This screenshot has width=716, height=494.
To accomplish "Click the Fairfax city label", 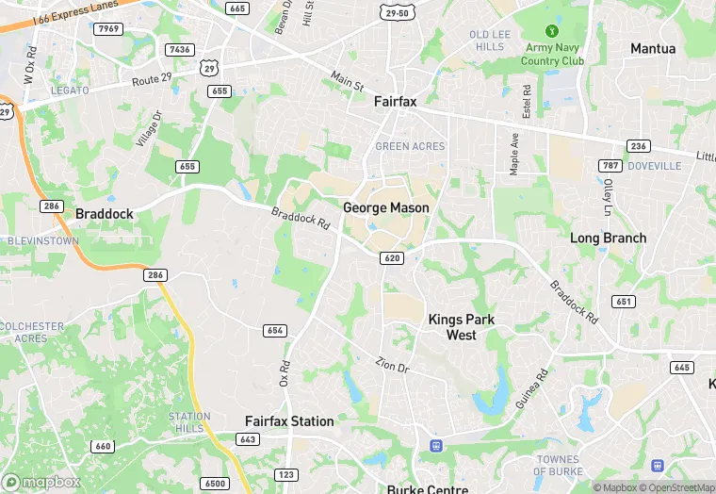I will coord(395,101).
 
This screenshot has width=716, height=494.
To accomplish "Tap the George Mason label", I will coord(385,207).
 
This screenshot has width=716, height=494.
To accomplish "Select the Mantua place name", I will coord(653,48).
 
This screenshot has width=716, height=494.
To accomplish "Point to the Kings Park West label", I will coord(461,327).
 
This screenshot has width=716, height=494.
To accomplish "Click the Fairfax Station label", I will coord(289,421).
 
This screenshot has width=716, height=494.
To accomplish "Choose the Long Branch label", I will coord(608,239).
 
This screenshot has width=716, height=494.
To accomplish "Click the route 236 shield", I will coord(638,146).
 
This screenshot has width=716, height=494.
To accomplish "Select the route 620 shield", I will coord(393,257).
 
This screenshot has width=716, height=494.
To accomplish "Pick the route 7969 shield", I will coord(109,29).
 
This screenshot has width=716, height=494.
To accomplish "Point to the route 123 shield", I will coord(285,474).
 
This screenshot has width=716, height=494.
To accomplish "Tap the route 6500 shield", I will coord(216,483).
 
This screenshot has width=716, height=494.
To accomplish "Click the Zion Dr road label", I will coord(393,364).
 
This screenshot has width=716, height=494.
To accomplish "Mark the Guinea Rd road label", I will coord(530,388).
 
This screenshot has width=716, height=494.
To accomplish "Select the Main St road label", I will coord(347,79).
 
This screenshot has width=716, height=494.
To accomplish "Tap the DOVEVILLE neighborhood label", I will coord(654,166).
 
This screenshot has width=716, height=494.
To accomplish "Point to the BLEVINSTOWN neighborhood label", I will coord(43,240).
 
